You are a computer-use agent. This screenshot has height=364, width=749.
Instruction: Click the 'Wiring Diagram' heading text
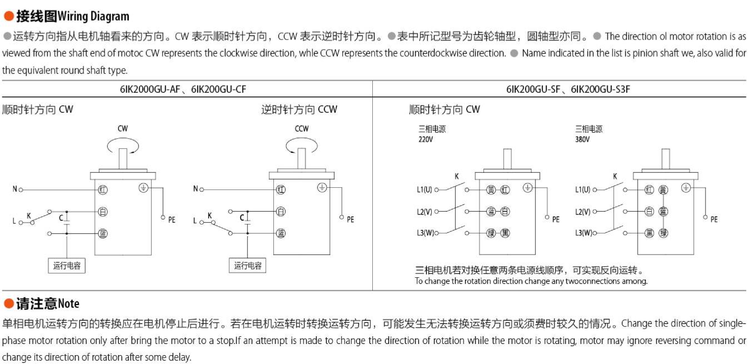(93, 16)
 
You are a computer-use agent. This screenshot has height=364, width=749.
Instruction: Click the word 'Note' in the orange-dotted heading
(68, 303)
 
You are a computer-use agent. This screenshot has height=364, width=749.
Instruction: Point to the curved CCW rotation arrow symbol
(302, 145)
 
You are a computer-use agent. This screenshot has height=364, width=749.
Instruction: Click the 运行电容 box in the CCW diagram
(247, 266)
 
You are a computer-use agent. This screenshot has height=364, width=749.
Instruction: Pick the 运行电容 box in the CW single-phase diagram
(67, 266)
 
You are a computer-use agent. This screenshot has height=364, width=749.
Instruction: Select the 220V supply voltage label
(426, 139)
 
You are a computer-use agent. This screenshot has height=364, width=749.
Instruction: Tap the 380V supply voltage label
(582, 139)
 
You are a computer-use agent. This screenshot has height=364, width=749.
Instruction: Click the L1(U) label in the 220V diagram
(424, 190)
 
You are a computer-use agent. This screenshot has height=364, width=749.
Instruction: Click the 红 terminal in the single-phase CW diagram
(103, 190)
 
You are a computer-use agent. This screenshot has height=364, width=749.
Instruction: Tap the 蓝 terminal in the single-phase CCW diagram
(281, 233)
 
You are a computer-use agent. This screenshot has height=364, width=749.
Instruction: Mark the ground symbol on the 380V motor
(686, 188)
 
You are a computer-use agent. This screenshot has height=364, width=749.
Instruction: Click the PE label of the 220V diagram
(556, 220)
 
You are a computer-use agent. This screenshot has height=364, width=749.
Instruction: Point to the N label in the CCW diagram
(195, 190)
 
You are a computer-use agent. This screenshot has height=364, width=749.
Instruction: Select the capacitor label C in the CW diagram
(61, 218)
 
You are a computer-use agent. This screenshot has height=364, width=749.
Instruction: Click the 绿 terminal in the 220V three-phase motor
(491, 233)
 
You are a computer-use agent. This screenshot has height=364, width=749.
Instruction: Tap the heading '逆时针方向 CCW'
(299, 109)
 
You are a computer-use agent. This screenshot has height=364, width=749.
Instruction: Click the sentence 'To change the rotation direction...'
(531, 281)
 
